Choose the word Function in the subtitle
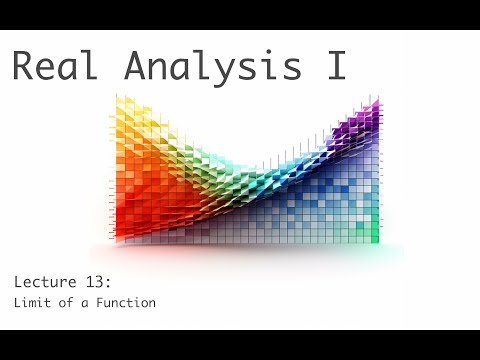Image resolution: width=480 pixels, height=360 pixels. click(123, 303)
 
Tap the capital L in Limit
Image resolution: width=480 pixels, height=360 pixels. click(17, 303)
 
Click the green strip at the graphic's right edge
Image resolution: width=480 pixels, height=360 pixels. click(375, 225)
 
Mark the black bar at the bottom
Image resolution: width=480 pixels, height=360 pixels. click(240, 345)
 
